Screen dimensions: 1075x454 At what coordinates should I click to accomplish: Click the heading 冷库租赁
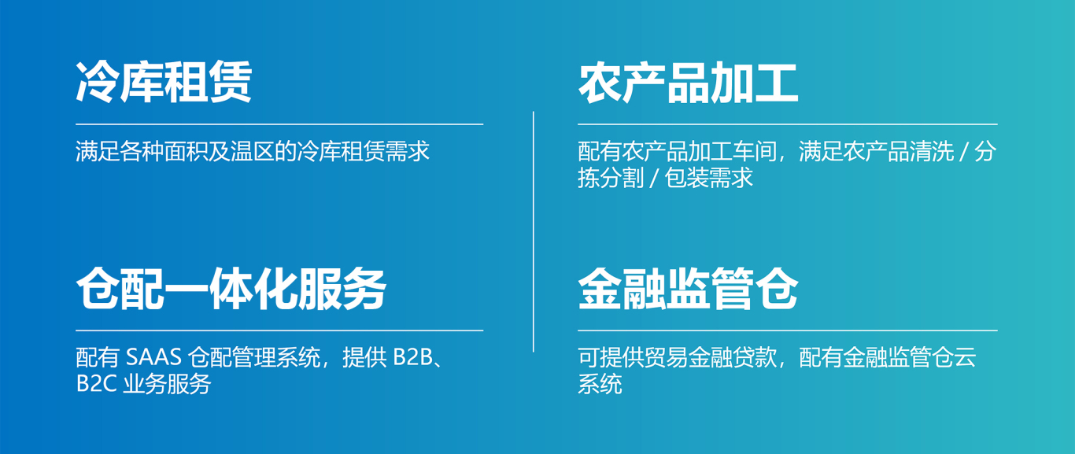tap(164, 82)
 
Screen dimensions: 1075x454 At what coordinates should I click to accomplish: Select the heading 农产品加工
tap(688, 83)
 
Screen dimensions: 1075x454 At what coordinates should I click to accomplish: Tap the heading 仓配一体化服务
tap(231, 289)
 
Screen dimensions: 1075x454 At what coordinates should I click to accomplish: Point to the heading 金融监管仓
tap(688, 289)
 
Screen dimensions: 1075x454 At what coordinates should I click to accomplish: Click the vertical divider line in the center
tap(534, 232)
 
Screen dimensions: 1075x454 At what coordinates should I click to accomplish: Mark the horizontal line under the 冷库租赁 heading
tap(279, 124)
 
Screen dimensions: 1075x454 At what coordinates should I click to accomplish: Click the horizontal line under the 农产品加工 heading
tap(788, 124)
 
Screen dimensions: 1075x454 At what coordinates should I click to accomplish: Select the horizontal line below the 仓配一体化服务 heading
tap(279, 330)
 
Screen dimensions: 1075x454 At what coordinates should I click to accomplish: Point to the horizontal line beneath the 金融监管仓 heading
tap(788, 330)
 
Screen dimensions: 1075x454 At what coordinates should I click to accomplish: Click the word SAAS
tap(153, 357)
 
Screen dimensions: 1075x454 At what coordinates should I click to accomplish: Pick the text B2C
tap(97, 384)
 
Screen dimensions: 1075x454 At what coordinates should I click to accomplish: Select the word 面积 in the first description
tap(187, 152)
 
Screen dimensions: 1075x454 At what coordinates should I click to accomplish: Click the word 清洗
tap(932, 152)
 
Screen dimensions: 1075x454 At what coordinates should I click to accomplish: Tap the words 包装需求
tap(709, 179)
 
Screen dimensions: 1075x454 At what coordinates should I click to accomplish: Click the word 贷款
tap(755, 357)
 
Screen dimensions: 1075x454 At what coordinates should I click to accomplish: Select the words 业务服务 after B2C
tap(167, 384)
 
